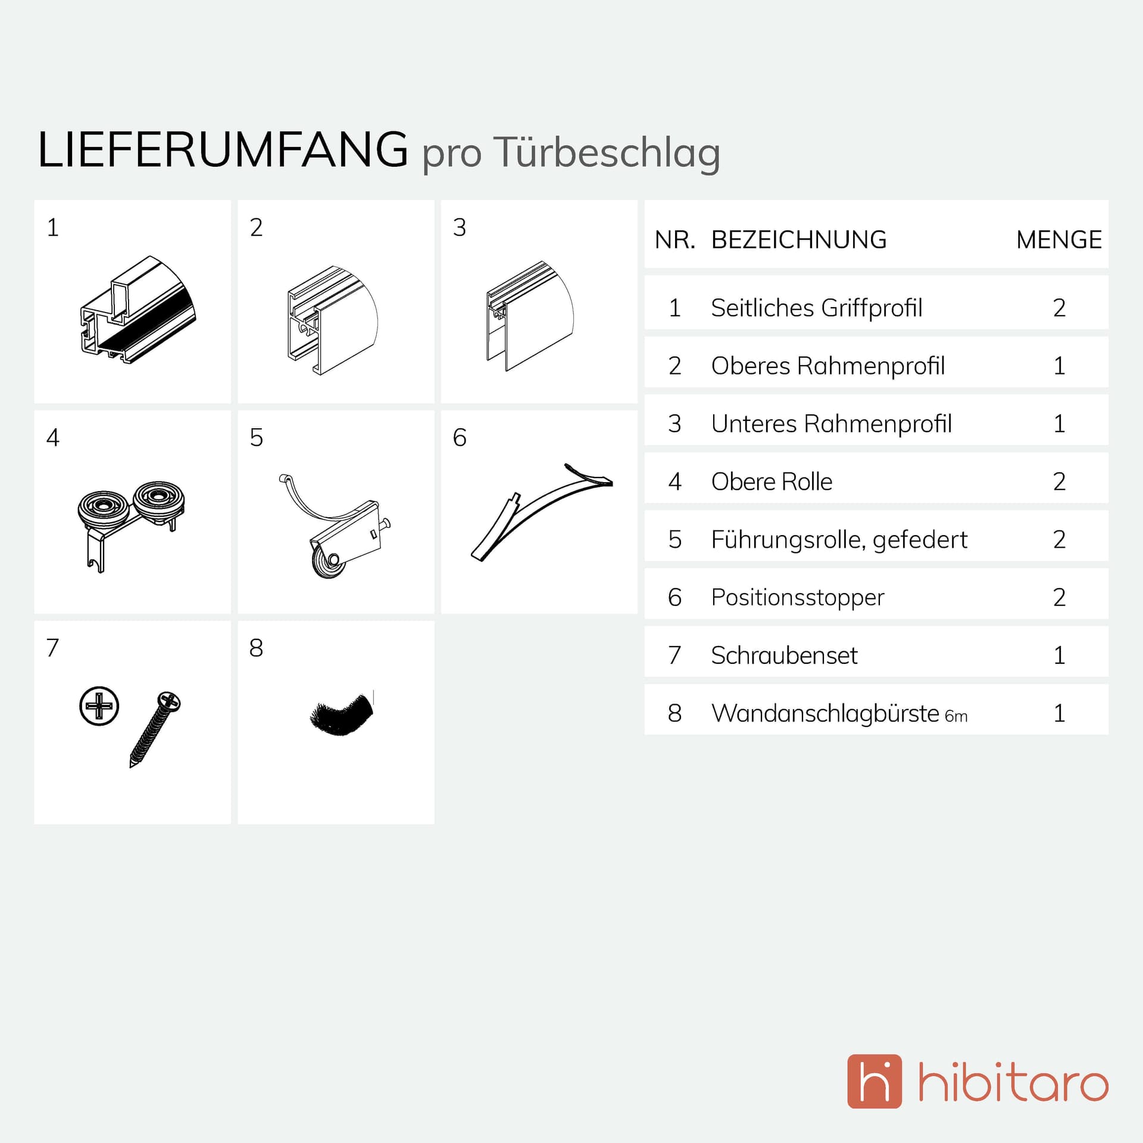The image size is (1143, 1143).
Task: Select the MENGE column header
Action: click(1059, 240)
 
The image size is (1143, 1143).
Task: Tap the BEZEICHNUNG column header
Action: click(799, 240)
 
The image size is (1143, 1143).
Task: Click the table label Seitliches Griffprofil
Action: click(817, 308)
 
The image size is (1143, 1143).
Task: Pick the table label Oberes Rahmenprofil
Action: click(828, 366)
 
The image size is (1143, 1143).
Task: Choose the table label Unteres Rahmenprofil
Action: click(832, 424)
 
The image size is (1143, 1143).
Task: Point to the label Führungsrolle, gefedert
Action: click(839, 540)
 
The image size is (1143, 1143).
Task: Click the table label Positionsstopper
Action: click(798, 598)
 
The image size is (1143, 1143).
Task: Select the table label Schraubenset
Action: click(785, 655)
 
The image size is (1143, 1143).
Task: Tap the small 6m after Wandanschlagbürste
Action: click(956, 716)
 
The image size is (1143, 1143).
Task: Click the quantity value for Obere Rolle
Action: click(1059, 482)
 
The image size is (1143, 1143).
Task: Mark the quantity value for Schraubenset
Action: click(1060, 655)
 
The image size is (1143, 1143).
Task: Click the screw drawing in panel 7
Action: click(155, 729)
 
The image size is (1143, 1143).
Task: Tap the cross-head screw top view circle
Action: click(99, 706)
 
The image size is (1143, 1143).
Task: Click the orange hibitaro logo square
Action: click(875, 1089)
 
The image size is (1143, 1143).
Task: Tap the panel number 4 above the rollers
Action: click(53, 438)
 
